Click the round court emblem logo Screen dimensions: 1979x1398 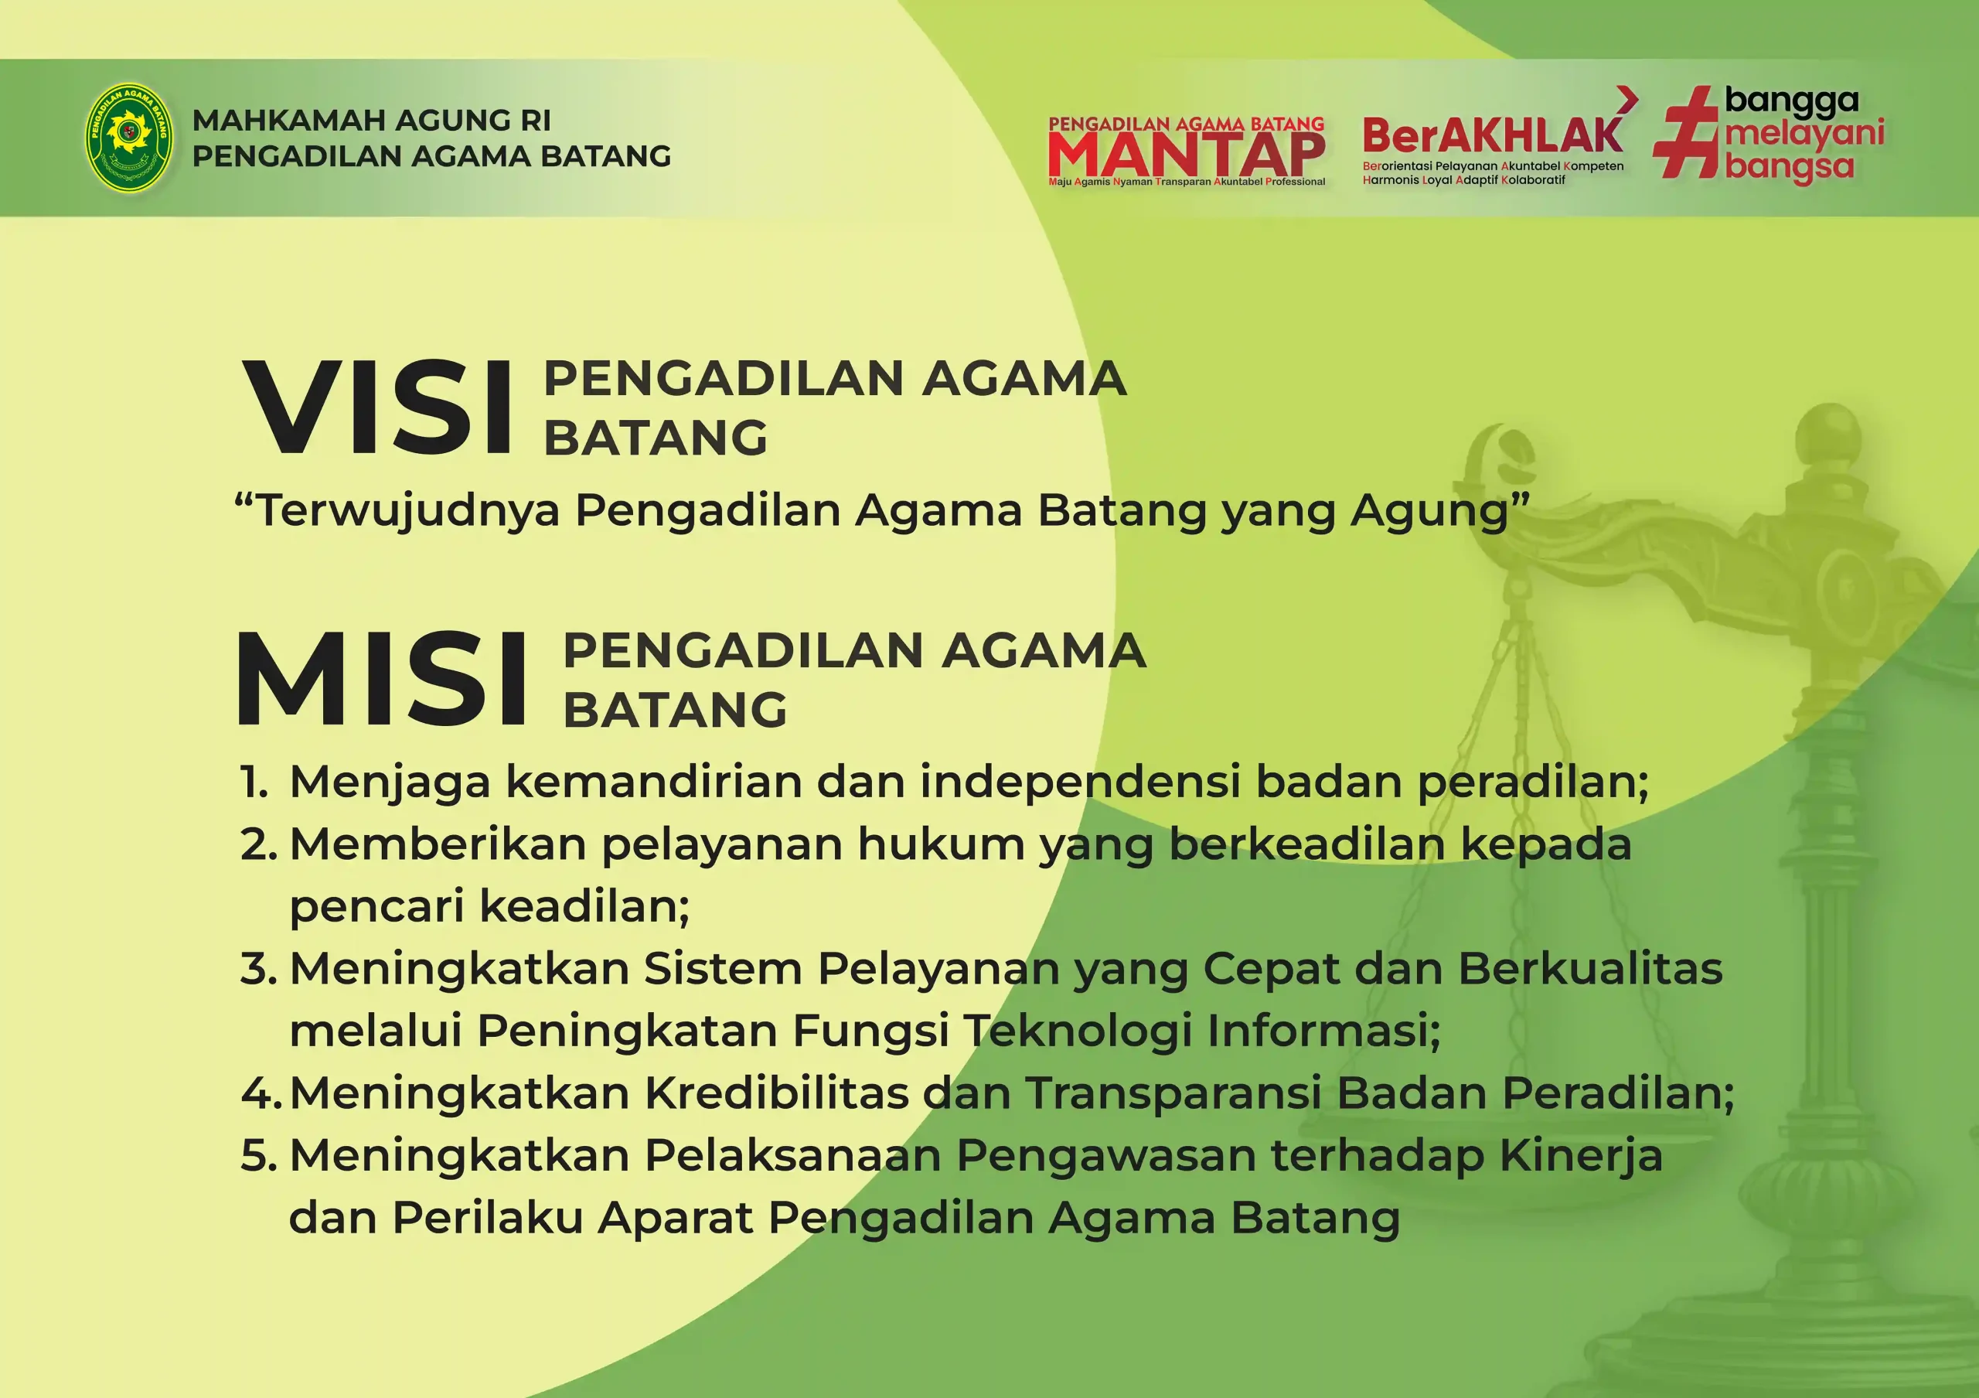coord(128,136)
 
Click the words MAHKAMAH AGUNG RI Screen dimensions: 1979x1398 coord(372,121)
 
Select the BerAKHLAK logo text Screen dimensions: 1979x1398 coord(1493,135)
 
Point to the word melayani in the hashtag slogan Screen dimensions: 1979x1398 coord(1804,135)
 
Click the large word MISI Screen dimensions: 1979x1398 coord(382,678)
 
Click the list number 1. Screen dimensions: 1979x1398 coord(254,783)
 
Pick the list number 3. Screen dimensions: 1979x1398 coord(258,969)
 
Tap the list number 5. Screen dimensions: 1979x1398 coord(258,1156)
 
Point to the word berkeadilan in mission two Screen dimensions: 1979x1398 coord(1306,844)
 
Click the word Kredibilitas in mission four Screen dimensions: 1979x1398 coord(777,1093)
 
